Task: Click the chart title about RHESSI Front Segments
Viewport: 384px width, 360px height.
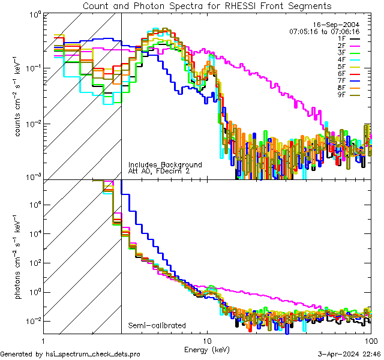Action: (206, 6)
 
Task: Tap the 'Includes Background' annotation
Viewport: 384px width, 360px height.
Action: (165, 164)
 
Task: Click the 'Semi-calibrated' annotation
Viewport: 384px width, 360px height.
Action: (157, 326)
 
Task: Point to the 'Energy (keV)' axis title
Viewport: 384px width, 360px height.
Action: (206, 349)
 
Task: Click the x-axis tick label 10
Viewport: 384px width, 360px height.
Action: (207, 340)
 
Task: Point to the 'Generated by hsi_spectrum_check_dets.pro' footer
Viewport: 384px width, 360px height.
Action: (70, 355)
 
